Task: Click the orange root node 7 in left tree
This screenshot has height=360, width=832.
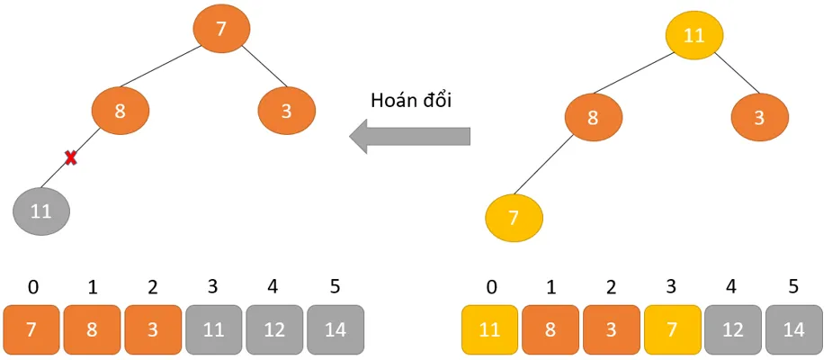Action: click(x=221, y=28)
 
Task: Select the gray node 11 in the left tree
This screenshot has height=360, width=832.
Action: click(x=41, y=211)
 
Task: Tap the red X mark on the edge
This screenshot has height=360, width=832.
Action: click(x=70, y=158)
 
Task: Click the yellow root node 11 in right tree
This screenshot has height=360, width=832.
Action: click(x=693, y=36)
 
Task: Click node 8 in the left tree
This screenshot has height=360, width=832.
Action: click(x=120, y=112)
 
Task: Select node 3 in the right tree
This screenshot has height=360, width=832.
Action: click(x=760, y=118)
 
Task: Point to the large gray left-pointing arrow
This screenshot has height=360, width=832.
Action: click(x=410, y=137)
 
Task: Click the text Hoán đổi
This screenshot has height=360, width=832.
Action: click(x=411, y=100)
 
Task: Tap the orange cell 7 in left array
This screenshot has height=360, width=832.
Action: click(x=31, y=329)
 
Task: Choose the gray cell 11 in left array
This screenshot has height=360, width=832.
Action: click(x=214, y=329)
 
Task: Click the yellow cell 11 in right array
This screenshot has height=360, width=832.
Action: click(x=489, y=329)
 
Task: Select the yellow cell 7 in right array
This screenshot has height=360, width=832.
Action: click(x=672, y=329)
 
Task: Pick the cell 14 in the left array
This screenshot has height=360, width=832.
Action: click(x=335, y=329)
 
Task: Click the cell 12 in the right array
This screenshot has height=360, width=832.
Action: click(x=733, y=329)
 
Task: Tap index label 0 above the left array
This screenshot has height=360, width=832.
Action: click(x=33, y=287)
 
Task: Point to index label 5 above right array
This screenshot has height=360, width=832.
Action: click(x=793, y=287)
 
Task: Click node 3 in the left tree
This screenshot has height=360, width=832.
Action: click(x=287, y=112)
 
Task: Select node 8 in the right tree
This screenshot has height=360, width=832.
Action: click(x=593, y=118)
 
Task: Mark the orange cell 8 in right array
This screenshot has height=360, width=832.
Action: click(x=550, y=329)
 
